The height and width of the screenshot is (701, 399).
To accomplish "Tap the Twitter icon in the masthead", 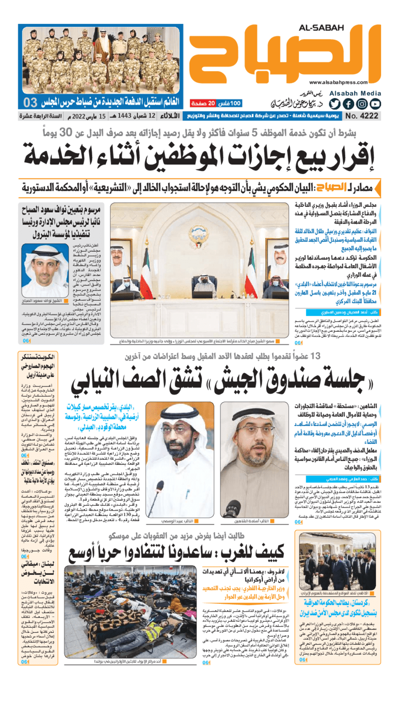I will click(x=334, y=104).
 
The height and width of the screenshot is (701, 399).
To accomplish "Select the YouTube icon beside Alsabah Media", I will click(x=375, y=104).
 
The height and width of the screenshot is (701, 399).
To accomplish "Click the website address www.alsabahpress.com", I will click(x=344, y=83).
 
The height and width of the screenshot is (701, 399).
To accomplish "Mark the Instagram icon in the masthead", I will click(x=362, y=104).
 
